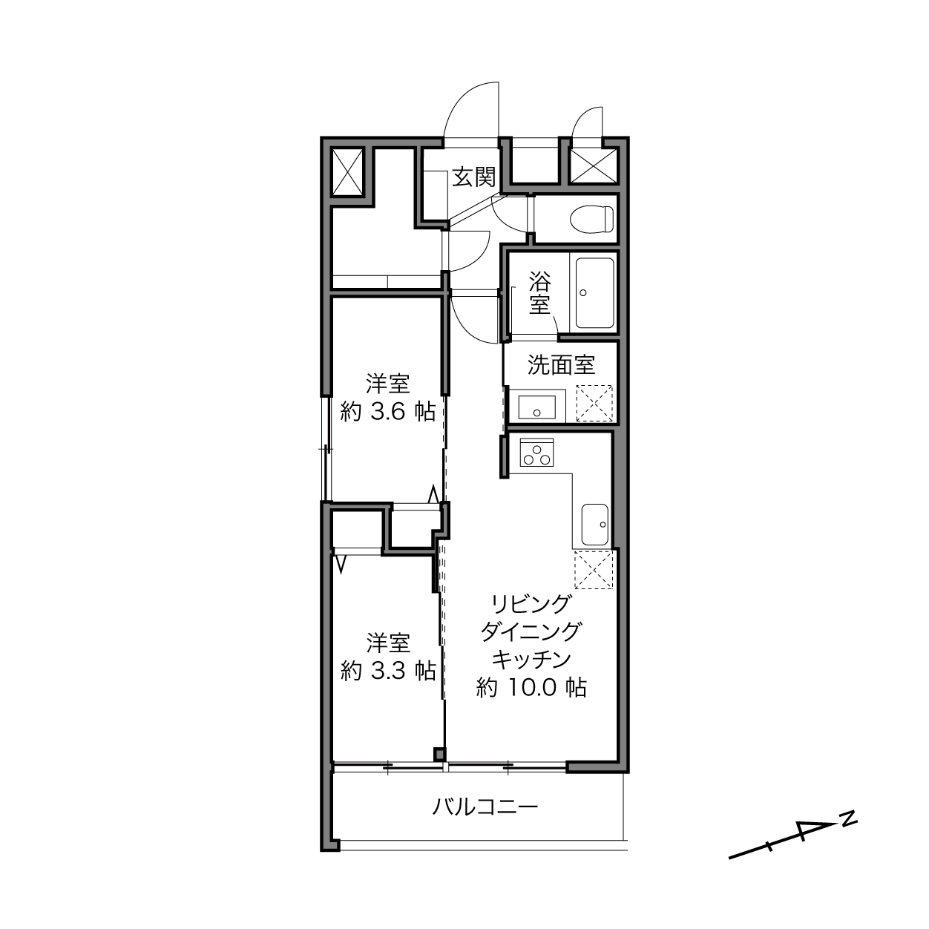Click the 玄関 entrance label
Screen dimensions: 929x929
pos(474,177)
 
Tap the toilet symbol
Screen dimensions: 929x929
pos(591,219)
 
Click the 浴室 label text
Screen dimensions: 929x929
pos(539,292)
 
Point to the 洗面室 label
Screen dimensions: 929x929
pos(561,364)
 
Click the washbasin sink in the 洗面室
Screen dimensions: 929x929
pos(536,407)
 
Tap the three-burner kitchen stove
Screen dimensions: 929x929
pos(536,453)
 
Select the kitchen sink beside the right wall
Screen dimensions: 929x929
pos(595,524)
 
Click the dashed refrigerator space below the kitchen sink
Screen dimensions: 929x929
pos(594,569)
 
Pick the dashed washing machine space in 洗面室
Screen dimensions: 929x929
pos(594,404)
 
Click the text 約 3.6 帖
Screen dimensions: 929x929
pos(387,413)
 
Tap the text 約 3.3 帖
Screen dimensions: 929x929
pos(388,671)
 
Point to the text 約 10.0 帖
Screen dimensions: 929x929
pos(531,687)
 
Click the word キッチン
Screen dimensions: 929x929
pos(531,659)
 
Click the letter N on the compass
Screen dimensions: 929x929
pos(850,818)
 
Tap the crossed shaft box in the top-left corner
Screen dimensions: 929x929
pos(348,172)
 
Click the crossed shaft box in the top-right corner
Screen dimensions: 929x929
pos(594,166)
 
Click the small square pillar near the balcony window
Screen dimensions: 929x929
pos(439,754)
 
